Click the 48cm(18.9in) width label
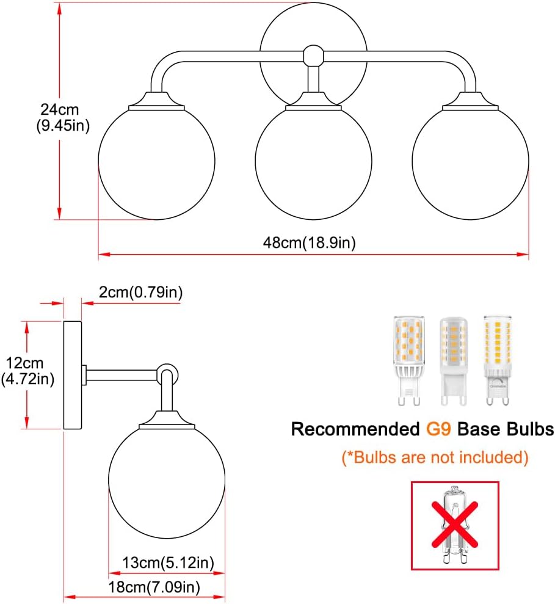[310, 242]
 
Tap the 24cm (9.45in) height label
[63, 117]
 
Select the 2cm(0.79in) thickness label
[140, 293]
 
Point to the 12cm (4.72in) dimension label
[27, 371]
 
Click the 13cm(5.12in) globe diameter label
[168, 563]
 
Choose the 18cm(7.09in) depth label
[154, 587]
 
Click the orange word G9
[438, 429]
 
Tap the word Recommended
[355, 429]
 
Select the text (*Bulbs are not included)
[435, 457]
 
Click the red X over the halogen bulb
[455, 524]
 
